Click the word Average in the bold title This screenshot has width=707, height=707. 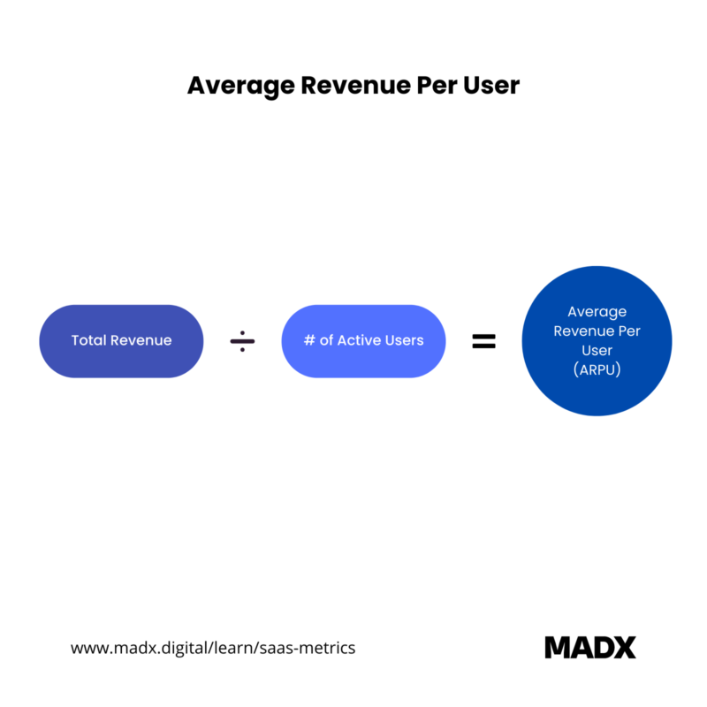coord(240,86)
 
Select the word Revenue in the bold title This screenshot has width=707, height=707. coord(356,85)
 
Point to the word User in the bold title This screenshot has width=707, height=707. coord(491,85)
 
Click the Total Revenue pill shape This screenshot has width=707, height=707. coord(121,341)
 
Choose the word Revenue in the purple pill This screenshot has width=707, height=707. coord(141,340)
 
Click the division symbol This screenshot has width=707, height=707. coord(242,341)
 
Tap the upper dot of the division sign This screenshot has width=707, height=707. coord(242,333)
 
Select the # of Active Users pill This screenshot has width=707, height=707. coord(363,341)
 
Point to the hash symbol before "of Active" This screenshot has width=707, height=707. coord(309,340)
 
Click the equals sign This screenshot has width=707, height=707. coord(483,341)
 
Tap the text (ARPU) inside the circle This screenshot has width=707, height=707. coord(597,369)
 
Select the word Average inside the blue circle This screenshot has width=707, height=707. coord(597,312)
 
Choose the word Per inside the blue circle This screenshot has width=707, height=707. coord(629,331)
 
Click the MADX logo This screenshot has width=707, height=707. coord(590,648)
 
